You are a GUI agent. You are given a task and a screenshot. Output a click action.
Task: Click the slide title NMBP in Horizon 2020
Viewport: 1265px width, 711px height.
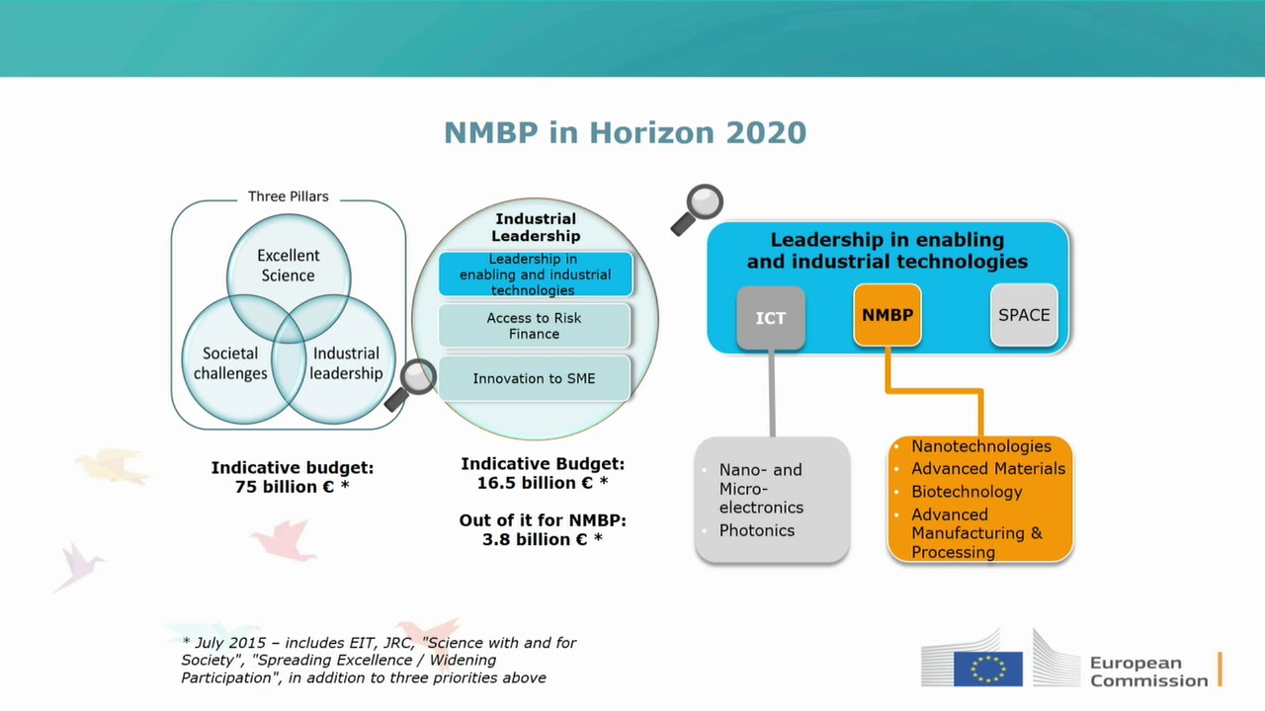tap(625, 132)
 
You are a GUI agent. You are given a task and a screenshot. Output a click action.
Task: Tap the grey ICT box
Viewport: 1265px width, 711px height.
tap(770, 318)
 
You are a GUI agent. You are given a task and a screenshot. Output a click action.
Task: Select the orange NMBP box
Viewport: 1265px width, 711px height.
tap(886, 315)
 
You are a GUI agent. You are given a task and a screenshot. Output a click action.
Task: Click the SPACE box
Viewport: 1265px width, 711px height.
tap(1024, 315)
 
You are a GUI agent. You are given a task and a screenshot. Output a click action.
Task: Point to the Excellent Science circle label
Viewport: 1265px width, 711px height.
tap(288, 265)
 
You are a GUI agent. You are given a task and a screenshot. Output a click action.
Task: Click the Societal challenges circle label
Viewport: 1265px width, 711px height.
tap(230, 363)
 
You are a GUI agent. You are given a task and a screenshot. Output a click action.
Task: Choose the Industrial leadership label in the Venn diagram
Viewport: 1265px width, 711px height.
tap(346, 363)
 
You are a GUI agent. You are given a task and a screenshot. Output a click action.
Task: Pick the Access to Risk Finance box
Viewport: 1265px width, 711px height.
tap(534, 326)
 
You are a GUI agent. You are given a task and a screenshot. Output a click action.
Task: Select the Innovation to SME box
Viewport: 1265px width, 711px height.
tap(534, 378)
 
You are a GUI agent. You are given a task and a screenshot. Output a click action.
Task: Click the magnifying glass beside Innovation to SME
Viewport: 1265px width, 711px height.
tap(414, 381)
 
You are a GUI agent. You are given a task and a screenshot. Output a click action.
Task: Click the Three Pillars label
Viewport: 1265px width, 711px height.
tap(288, 197)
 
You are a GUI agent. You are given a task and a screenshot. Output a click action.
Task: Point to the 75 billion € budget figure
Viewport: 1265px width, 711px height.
tap(292, 487)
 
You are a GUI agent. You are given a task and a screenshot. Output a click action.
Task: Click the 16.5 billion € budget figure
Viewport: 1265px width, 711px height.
tap(542, 483)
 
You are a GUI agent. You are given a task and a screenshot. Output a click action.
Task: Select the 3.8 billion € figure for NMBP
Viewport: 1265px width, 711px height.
tap(542, 539)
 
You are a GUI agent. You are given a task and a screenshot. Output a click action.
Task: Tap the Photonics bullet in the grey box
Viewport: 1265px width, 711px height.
tap(756, 530)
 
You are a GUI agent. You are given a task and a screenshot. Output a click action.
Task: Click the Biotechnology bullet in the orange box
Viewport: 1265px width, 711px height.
tap(966, 492)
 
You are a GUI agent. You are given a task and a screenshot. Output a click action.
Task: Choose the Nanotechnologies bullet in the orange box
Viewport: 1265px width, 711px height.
tap(980, 446)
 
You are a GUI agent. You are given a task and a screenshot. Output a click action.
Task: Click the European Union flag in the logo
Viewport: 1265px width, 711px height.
tap(987, 669)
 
